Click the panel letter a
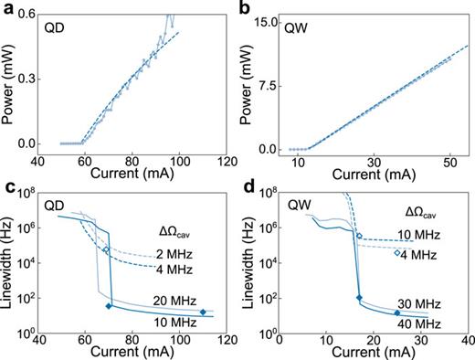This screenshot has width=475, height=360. (6, 8)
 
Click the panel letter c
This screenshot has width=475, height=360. (6, 188)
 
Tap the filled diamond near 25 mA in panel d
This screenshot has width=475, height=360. (396, 312)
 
